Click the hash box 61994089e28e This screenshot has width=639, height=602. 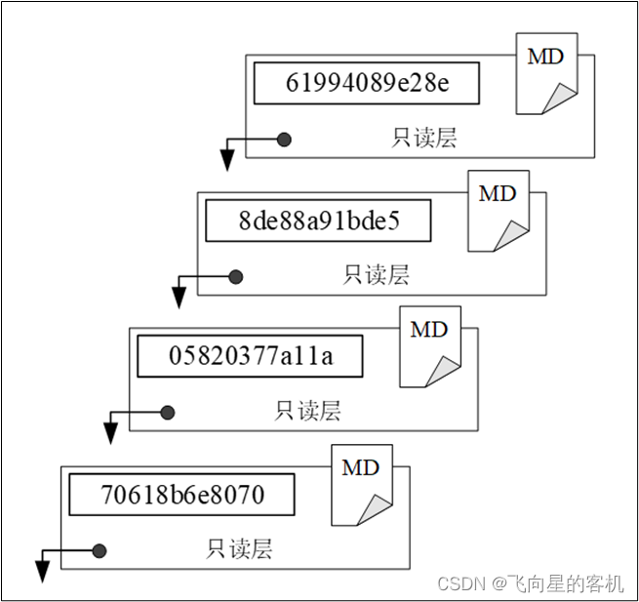point(367,83)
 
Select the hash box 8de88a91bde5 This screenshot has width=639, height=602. point(318,221)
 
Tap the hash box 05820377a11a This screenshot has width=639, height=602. point(250,356)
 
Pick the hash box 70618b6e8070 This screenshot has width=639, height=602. point(181,495)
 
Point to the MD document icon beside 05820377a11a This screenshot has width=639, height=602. point(429,347)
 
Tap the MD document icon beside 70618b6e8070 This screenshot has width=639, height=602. point(361,485)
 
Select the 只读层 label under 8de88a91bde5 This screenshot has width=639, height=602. point(376,276)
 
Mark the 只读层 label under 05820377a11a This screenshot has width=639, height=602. point(307,412)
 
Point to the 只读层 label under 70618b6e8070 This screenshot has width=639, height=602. point(239,549)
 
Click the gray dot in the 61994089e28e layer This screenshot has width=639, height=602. point(284,140)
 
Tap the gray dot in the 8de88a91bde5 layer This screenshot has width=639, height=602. point(235,277)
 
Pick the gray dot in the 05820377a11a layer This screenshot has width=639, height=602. point(167,413)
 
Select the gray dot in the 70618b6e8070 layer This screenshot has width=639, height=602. point(99,550)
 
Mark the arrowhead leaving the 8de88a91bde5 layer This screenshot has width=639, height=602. point(179,299)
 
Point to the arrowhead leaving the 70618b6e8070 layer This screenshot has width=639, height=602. point(42,572)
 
